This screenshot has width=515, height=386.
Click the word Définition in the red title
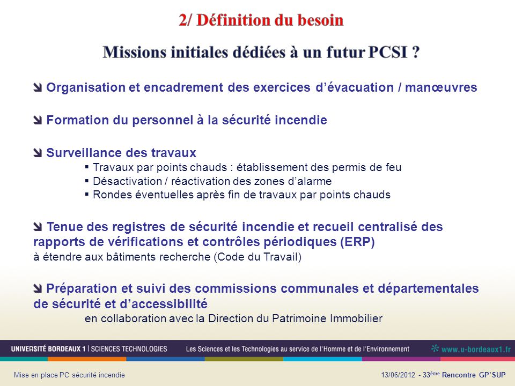coord(233,20)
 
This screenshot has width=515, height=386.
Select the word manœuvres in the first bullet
coord(441,87)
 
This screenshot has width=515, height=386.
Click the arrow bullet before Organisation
coord(38,87)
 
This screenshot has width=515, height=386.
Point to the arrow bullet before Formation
coord(38,120)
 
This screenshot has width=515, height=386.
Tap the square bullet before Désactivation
coord(87,181)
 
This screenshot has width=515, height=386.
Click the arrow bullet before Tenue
coord(38,226)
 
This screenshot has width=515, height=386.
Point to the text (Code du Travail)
coord(257,257)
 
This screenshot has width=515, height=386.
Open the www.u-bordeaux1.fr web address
coord(476,349)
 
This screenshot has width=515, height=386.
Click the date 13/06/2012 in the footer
coord(398,375)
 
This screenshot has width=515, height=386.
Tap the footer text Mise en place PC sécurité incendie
coord(69,375)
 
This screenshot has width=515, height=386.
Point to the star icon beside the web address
coord(435,348)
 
